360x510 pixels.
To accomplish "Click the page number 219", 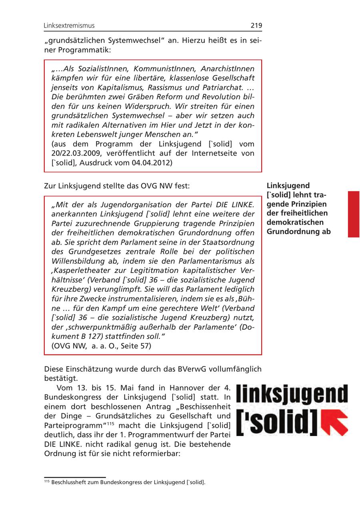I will [256, 26].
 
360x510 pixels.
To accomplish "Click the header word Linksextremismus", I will [69, 26].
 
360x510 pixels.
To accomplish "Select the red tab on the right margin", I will [354, 214].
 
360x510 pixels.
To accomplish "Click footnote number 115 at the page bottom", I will [46, 481].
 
